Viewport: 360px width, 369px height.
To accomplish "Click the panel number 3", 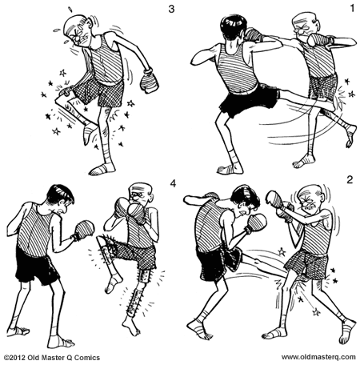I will pos(170,10).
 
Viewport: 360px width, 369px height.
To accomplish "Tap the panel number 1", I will pos(350,10).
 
